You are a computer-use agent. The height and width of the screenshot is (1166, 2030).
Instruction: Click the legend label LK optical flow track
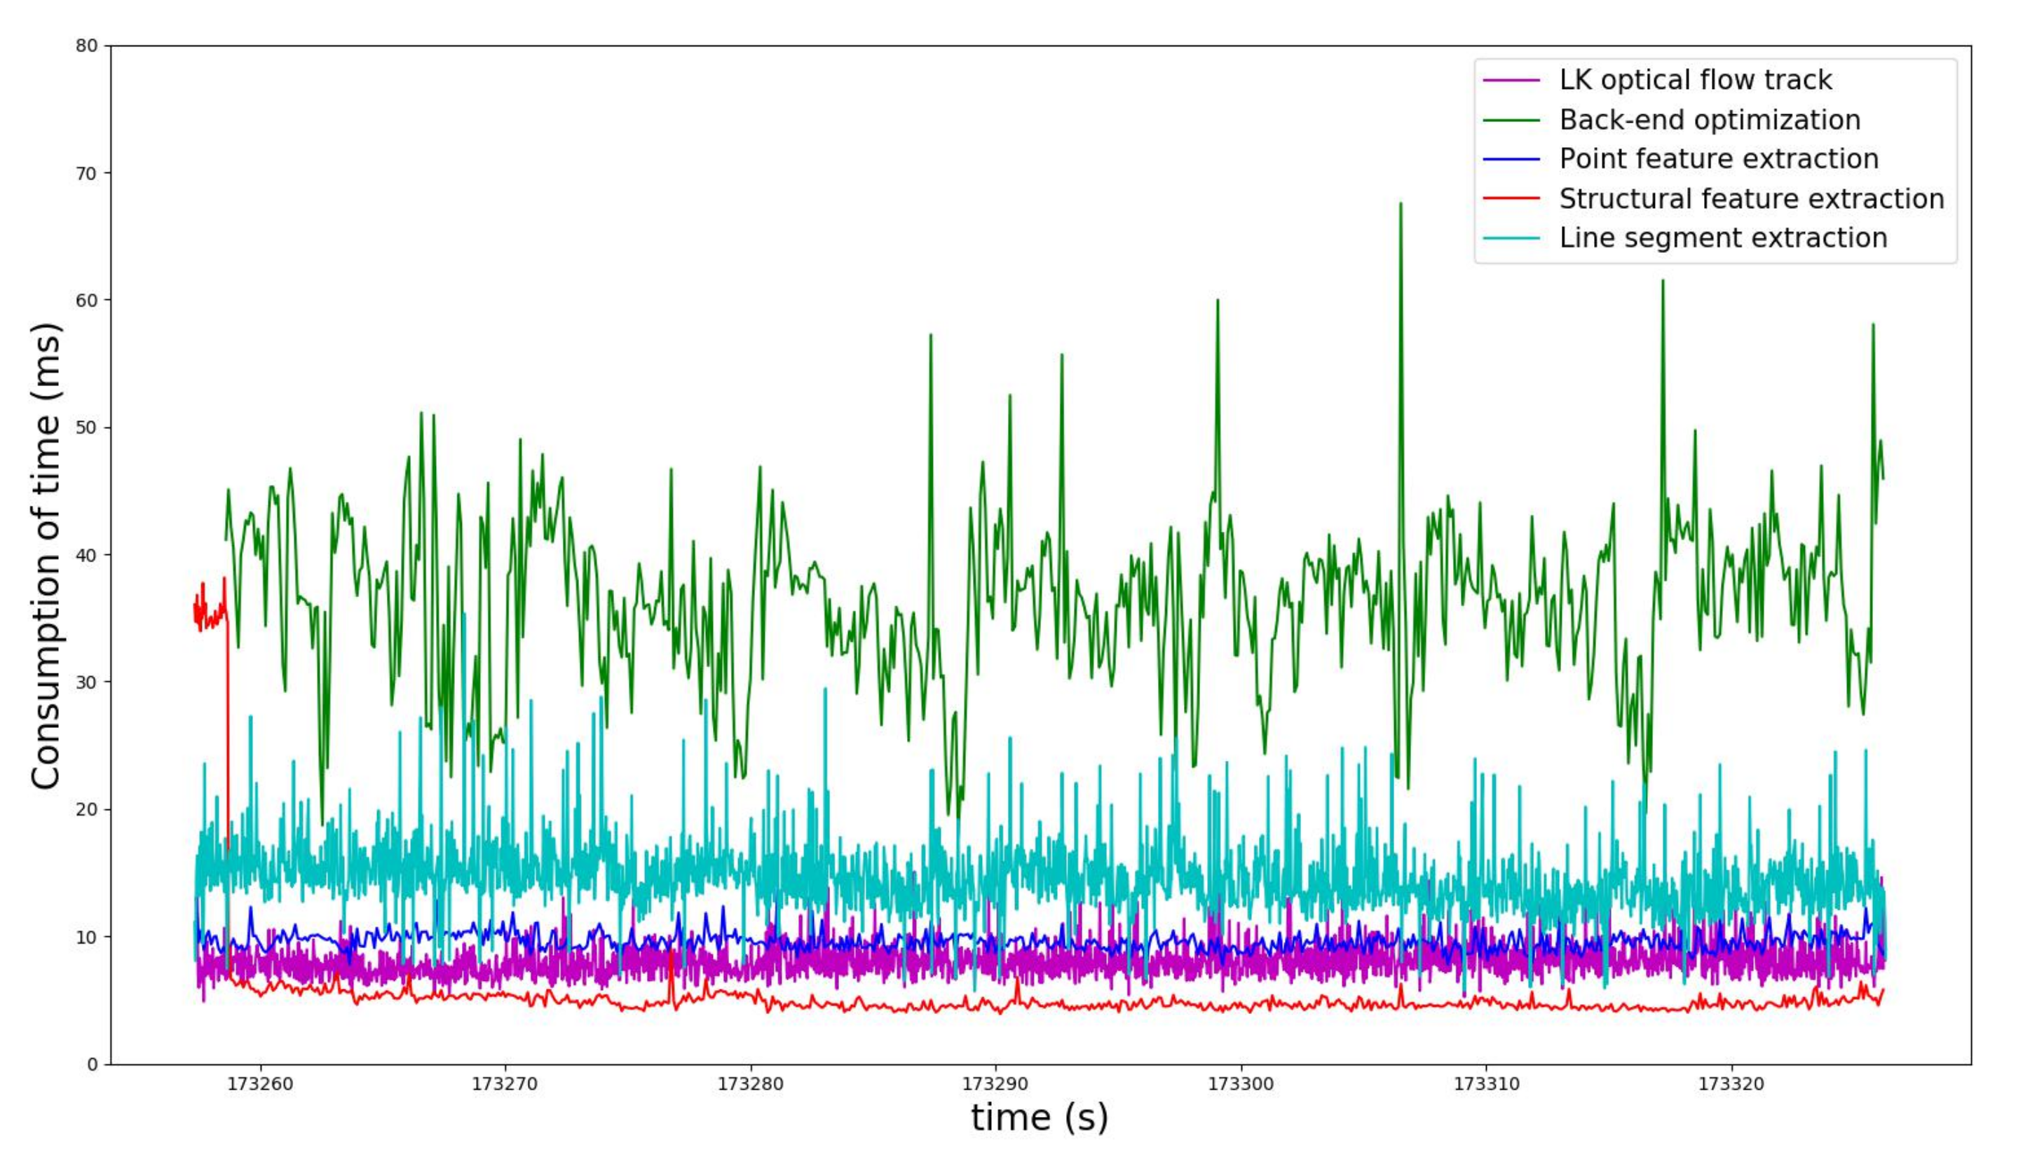pos(1695,80)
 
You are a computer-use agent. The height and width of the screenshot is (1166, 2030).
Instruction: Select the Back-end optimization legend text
pos(1710,120)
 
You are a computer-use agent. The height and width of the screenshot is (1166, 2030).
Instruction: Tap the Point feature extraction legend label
pos(1718,159)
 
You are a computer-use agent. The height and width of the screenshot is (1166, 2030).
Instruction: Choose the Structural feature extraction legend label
pos(1751,198)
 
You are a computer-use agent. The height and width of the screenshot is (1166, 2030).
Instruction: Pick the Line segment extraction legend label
pos(1723,238)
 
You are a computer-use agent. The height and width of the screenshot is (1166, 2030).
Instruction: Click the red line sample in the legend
pos(1512,198)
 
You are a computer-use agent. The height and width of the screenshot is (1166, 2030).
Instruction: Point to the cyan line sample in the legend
pos(1512,238)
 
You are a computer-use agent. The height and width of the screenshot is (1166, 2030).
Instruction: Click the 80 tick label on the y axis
pos(86,46)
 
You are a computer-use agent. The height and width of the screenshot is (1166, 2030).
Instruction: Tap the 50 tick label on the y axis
pos(86,427)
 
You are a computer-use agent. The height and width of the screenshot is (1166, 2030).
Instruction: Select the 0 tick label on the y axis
pos(92,1064)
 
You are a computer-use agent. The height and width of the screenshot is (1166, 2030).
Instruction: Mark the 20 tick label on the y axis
pos(86,809)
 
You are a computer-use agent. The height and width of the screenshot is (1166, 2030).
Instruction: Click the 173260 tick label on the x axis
pos(259,1084)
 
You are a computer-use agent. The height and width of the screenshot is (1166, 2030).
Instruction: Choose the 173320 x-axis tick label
pos(1731,1084)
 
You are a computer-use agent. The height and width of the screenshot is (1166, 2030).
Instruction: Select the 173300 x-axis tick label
pos(1241,1084)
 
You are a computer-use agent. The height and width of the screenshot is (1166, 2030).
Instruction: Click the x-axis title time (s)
pos(1039,1118)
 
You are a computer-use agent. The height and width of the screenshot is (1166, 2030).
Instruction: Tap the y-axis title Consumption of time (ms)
pos(46,556)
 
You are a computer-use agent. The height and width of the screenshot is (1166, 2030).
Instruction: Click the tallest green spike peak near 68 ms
pos(1401,203)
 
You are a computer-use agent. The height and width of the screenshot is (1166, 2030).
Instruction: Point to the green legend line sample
pos(1512,120)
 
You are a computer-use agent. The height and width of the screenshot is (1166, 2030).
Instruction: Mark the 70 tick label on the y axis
pos(86,173)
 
